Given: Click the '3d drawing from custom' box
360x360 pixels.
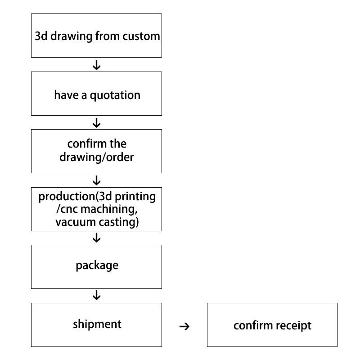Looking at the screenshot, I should click(x=96, y=36).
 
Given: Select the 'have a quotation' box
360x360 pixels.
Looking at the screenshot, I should click(x=96, y=94).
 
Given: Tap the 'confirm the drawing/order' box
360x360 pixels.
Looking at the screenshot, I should click(x=96, y=151).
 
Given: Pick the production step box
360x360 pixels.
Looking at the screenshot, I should click(x=96, y=209).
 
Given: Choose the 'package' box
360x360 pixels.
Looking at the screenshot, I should click(x=96, y=267).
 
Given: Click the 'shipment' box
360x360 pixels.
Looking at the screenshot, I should click(x=96, y=324).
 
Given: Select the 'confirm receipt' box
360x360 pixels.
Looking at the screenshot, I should click(x=272, y=324).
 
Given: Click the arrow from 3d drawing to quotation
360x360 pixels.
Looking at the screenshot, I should click(x=96, y=65).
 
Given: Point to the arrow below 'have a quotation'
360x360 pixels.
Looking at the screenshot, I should click(x=96, y=123).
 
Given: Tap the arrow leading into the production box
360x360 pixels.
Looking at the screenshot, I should click(x=96, y=181).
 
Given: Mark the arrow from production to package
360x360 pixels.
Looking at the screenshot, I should click(x=96, y=238).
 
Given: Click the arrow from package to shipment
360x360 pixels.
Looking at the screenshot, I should click(x=96, y=296).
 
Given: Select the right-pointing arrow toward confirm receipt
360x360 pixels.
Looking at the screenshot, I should click(x=184, y=327).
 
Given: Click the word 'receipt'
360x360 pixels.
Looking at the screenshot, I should click(x=292, y=325).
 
